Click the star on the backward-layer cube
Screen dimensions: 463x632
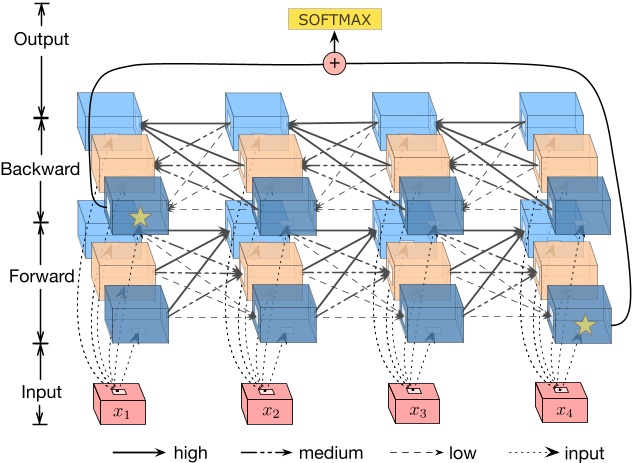139,216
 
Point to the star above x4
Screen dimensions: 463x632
585,324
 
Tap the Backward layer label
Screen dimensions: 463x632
40,169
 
